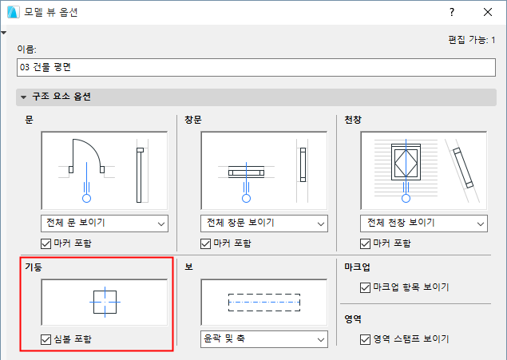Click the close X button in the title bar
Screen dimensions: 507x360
[x=488, y=12]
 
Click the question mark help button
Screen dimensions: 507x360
[x=452, y=12]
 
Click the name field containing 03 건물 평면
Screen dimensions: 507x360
[x=256, y=68]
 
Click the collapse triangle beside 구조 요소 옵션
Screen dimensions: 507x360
[x=23, y=97]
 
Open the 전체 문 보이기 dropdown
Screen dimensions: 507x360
[x=105, y=224]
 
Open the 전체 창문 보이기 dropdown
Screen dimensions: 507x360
[x=264, y=224]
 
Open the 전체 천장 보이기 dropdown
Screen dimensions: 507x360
[x=424, y=224]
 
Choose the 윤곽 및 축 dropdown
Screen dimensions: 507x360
[x=264, y=339]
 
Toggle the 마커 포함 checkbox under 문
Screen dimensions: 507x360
[x=46, y=243]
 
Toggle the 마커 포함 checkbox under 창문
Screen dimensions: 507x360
[x=206, y=243]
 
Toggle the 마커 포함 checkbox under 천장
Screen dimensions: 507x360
[x=366, y=243]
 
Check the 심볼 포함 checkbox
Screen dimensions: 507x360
[x=46, y=339]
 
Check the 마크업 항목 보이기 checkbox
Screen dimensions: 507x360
[x=366, y=287]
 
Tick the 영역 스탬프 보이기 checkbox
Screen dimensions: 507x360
[x=366, y=339]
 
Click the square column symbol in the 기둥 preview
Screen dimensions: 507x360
[x=93, y=303]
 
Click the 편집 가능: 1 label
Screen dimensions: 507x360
[x=471, y=40]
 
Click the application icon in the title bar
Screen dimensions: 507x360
[x=14, y=12]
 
